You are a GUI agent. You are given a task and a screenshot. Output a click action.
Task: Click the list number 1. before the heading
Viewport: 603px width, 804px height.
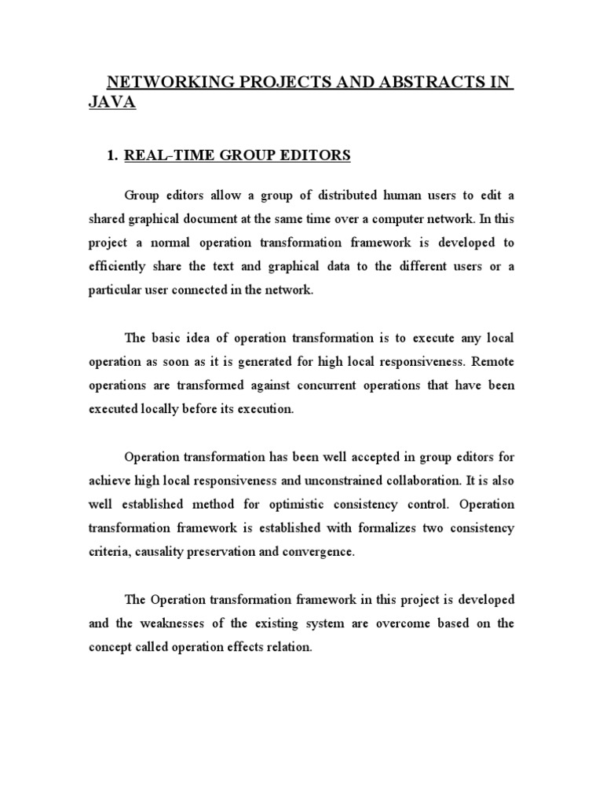point(111,155)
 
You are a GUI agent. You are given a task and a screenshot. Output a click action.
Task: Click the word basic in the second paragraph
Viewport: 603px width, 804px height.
point(169,338)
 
